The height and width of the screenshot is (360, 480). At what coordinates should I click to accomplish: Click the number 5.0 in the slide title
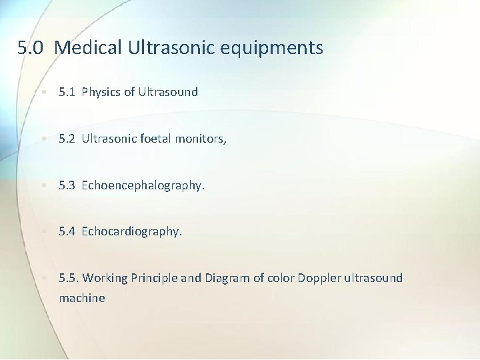[32, 48]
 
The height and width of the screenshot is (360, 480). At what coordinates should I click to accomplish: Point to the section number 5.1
[67, 92]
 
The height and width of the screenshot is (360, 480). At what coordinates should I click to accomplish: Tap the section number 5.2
[67, 139]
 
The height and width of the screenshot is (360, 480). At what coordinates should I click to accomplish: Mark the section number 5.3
[67, 185]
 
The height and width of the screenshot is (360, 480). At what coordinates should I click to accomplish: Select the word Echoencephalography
[143, 185]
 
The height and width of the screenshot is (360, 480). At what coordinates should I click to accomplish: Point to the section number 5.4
[67, 231]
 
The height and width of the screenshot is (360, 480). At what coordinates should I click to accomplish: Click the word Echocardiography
[131, 231]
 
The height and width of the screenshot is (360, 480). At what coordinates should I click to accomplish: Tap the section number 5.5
[68, 278]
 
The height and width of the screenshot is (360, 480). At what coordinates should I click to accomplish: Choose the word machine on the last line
[82, 298]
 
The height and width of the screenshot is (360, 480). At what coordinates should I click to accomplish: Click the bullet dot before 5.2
[42, 139]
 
